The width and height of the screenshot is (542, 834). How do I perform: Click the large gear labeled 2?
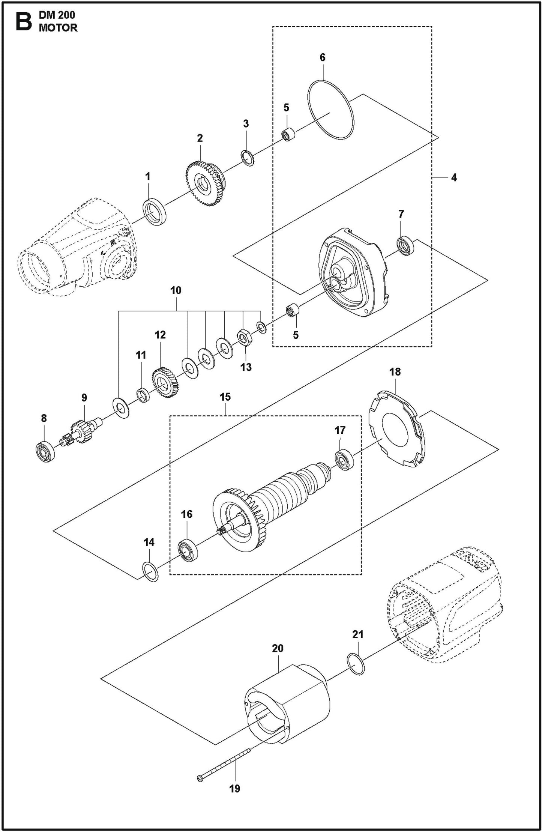pos(206,183)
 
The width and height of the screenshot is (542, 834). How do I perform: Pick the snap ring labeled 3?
pos(247,157)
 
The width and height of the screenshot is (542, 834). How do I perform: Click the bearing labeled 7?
pos(405,246)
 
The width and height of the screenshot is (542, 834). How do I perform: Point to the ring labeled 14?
pos(150,572)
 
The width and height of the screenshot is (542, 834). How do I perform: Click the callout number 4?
pos(454,178)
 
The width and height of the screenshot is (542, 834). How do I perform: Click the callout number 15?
pos(225,397)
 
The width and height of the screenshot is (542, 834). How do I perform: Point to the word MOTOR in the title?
pos(58,28)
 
